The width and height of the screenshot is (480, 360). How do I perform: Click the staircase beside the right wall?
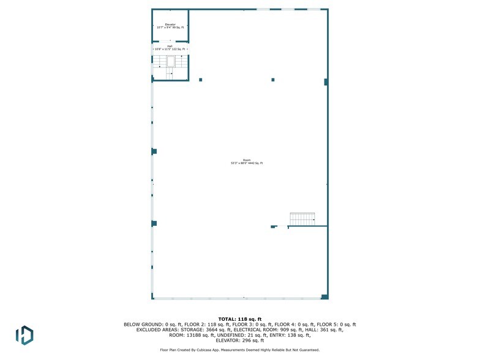point(302,219)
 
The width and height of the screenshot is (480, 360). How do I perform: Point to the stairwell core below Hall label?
point(170,62)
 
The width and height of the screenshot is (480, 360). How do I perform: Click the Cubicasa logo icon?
point(24,334)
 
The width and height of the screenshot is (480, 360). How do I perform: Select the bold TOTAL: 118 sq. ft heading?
point(240,319)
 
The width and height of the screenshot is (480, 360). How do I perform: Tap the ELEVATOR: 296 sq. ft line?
point(240,340)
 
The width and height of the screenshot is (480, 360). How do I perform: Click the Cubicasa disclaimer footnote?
point(240,350)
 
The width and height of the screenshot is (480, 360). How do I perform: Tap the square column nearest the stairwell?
point(200,80)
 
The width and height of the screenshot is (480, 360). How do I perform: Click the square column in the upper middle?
point(273,80)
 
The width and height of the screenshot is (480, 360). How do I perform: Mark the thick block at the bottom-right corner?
point(324,297)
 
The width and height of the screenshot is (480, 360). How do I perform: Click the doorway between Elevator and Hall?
point(170,42)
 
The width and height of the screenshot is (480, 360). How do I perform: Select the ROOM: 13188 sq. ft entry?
point(186,335)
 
